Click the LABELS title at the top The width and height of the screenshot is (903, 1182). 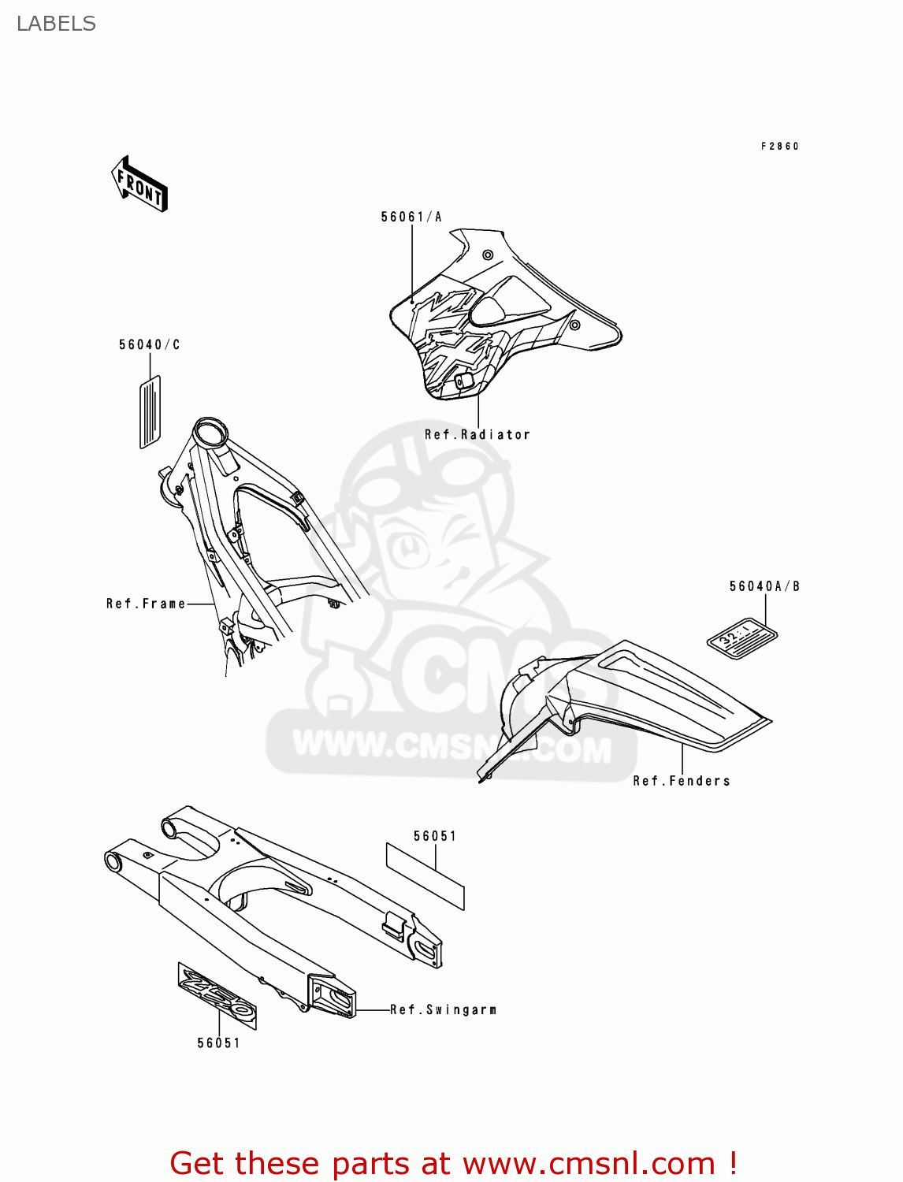click(56, 24)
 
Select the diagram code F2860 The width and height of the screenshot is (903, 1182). click(779, 146)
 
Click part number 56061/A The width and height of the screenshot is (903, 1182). click(411, 217)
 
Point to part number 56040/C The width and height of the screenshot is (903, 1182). click(150, 344)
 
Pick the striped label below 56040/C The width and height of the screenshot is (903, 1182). click(150, 412)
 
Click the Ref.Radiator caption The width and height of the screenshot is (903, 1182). click(477, 434)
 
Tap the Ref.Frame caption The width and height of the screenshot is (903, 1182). click(146, 604)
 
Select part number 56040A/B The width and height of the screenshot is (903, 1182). click(764, 586)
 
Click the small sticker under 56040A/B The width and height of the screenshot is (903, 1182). click(741, 637)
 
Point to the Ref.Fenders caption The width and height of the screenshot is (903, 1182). click(682, 781)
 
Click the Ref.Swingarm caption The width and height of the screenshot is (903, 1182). click(443, 1009)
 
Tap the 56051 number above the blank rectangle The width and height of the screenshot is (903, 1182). click(435, 836)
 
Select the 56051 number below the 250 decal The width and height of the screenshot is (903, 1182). click(218, 1043)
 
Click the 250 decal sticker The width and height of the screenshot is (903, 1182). click(217, 995)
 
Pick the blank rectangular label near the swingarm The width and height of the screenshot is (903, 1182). click(425, 875)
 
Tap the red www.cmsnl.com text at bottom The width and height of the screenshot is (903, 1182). click(588, 1163)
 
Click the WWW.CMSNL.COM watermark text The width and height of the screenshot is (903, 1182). click(451, 746)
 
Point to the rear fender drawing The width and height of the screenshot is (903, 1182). click(630, 701)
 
